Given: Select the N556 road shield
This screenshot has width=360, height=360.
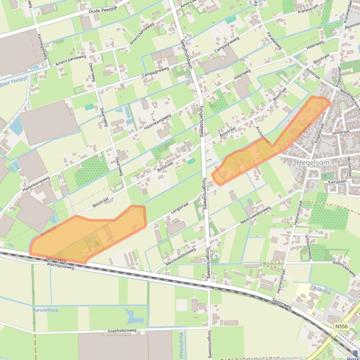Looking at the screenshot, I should click(341, 326).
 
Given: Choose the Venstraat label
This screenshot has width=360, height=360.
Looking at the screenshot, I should click(341, 132).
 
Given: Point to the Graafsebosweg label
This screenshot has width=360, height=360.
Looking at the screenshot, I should click(122, 330).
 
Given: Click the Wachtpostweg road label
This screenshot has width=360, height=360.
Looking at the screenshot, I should click(61, 265).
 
